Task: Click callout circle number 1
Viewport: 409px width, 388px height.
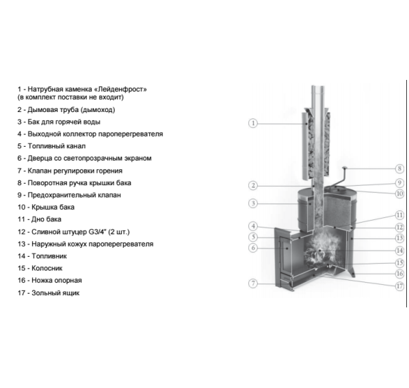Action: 253,123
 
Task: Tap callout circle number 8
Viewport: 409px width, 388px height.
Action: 399,169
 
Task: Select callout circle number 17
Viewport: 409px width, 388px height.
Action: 399,286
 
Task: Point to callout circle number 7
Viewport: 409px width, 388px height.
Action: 253,283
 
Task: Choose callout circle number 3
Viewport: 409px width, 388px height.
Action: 253,204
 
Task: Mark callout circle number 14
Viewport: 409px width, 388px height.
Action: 399,251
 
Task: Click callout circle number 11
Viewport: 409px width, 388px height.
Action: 399,215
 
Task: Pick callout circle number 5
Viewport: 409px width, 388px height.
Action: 253,237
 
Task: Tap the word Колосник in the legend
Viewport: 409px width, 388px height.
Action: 47,268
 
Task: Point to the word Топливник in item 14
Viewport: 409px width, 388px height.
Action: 49,256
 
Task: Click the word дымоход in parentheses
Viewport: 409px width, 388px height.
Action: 98,110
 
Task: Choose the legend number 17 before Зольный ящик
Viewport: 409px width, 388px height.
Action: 21,293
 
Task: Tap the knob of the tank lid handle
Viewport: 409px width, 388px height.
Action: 344,168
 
